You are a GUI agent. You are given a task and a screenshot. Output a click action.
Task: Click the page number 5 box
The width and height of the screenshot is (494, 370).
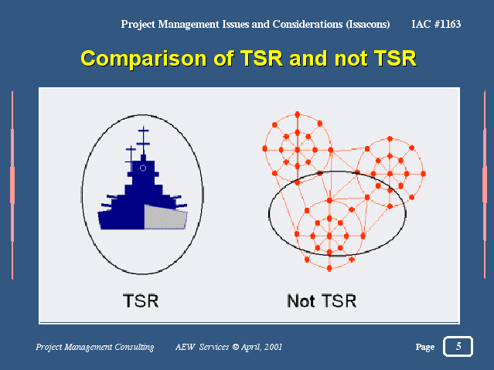coord(458,346)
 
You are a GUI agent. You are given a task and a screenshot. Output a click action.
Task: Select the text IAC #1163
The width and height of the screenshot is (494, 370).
coord(436,24)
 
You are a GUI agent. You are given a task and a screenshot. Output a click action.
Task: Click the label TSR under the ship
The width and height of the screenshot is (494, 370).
coord(141,300)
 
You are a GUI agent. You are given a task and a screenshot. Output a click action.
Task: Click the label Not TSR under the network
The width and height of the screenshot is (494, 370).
coord(322,300)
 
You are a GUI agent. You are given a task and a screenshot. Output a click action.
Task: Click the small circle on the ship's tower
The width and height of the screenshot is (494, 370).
coord(143,168)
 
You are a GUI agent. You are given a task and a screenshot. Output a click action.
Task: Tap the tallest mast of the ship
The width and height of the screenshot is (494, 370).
coord(143,141)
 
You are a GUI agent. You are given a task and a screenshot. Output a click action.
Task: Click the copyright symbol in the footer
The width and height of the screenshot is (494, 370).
coord(235,347)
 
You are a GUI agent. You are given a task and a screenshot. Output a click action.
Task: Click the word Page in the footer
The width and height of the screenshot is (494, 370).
coord(425,347)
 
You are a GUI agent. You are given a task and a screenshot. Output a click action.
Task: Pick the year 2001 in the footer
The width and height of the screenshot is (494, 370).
coord(273,347)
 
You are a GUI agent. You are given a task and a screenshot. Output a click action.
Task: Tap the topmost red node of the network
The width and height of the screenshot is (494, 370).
coord(297,114)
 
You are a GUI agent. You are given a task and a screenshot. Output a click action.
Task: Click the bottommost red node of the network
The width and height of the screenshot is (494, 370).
coord(329,268)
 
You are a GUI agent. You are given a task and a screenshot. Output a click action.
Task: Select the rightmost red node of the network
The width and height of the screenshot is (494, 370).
coord(423,174)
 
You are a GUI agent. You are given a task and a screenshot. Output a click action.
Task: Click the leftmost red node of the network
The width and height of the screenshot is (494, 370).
coord(264,148)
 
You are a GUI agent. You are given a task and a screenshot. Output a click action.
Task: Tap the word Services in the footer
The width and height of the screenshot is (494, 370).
coord(214,347)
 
